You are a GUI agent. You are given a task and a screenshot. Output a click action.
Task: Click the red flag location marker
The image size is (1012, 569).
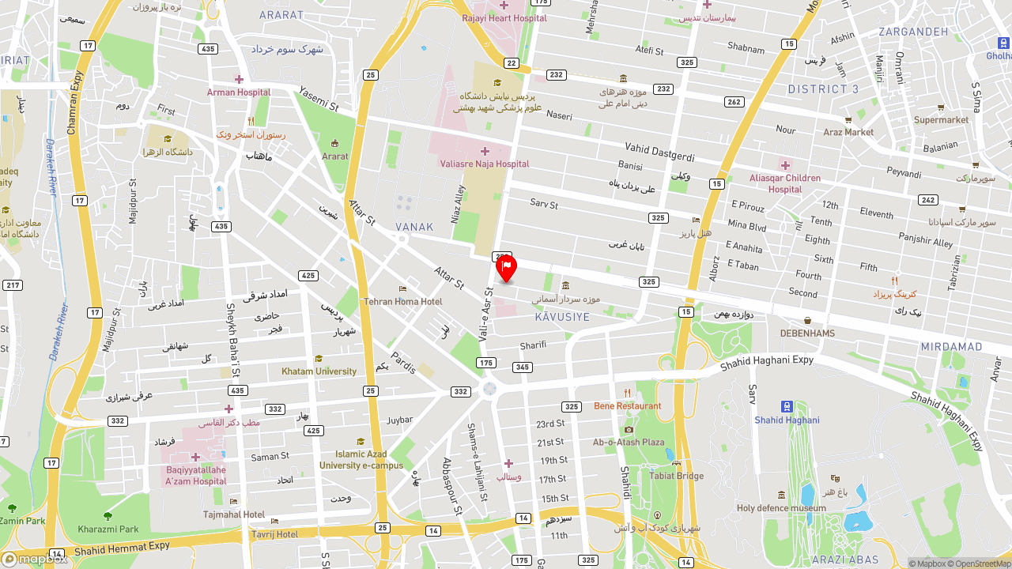506,268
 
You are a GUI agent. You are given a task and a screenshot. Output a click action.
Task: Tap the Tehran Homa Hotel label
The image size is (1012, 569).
402,301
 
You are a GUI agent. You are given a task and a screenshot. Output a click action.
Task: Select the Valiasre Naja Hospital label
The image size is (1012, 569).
485,164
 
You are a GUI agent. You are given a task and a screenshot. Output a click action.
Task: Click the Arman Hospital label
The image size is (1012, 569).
239,92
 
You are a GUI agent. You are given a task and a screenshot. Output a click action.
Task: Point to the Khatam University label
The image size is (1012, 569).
319,371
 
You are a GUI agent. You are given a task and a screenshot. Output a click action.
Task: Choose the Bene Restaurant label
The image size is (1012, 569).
628,405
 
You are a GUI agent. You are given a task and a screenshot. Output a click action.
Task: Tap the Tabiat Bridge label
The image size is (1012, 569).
676,476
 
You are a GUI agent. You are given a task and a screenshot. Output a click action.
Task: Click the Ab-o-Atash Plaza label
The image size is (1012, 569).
629,442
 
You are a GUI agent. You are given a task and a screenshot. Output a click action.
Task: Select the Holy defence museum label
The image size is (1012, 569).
781,508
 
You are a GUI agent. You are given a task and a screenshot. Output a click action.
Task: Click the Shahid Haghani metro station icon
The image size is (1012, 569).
787,406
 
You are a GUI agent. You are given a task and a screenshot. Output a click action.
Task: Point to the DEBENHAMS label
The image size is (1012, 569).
807,333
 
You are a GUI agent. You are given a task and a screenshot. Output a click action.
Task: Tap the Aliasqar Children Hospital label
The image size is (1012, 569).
785,183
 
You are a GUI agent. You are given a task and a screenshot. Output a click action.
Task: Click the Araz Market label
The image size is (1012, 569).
848,132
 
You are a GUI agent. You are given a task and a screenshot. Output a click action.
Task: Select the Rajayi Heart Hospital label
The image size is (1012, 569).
504,17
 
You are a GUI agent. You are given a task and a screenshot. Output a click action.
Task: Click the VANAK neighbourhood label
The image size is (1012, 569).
414,227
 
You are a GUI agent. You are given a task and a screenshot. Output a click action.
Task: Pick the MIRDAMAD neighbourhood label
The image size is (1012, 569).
951,347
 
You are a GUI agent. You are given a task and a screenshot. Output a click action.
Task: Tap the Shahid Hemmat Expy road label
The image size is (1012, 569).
123,548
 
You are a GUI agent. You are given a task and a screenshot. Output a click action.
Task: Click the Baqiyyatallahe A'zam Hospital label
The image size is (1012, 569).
196,475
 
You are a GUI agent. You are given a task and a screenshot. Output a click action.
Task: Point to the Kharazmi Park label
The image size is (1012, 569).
108,529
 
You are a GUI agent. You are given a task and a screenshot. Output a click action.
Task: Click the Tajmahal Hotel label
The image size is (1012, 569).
234,514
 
